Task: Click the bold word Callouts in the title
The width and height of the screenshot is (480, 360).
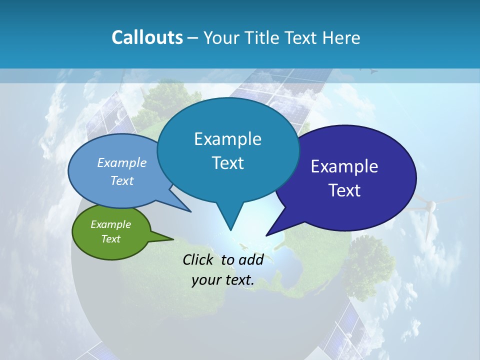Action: pos(147,37)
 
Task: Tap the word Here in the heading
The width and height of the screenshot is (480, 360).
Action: pos(341,37)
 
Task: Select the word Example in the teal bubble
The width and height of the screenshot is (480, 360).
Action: pos(227,139)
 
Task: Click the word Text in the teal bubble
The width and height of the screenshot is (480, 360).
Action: pos(227,163)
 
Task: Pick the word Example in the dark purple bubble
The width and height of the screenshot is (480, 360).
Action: pos(344,166)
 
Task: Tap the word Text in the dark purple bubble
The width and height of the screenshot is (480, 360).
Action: pos(344,190)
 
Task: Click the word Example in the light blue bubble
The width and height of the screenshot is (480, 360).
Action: pos(122,162)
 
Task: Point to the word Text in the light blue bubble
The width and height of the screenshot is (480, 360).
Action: pos(122,180)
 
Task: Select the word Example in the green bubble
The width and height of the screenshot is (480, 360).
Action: pos(111,224)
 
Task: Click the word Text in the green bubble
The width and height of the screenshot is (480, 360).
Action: pos(111,239)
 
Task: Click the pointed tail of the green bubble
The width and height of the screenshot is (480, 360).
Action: pos(170,239)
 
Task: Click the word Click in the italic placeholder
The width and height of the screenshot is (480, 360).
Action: pos(198,259)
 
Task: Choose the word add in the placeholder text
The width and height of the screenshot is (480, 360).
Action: pos(251,259)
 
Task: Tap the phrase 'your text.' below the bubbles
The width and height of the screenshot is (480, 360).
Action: pos(223,280)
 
